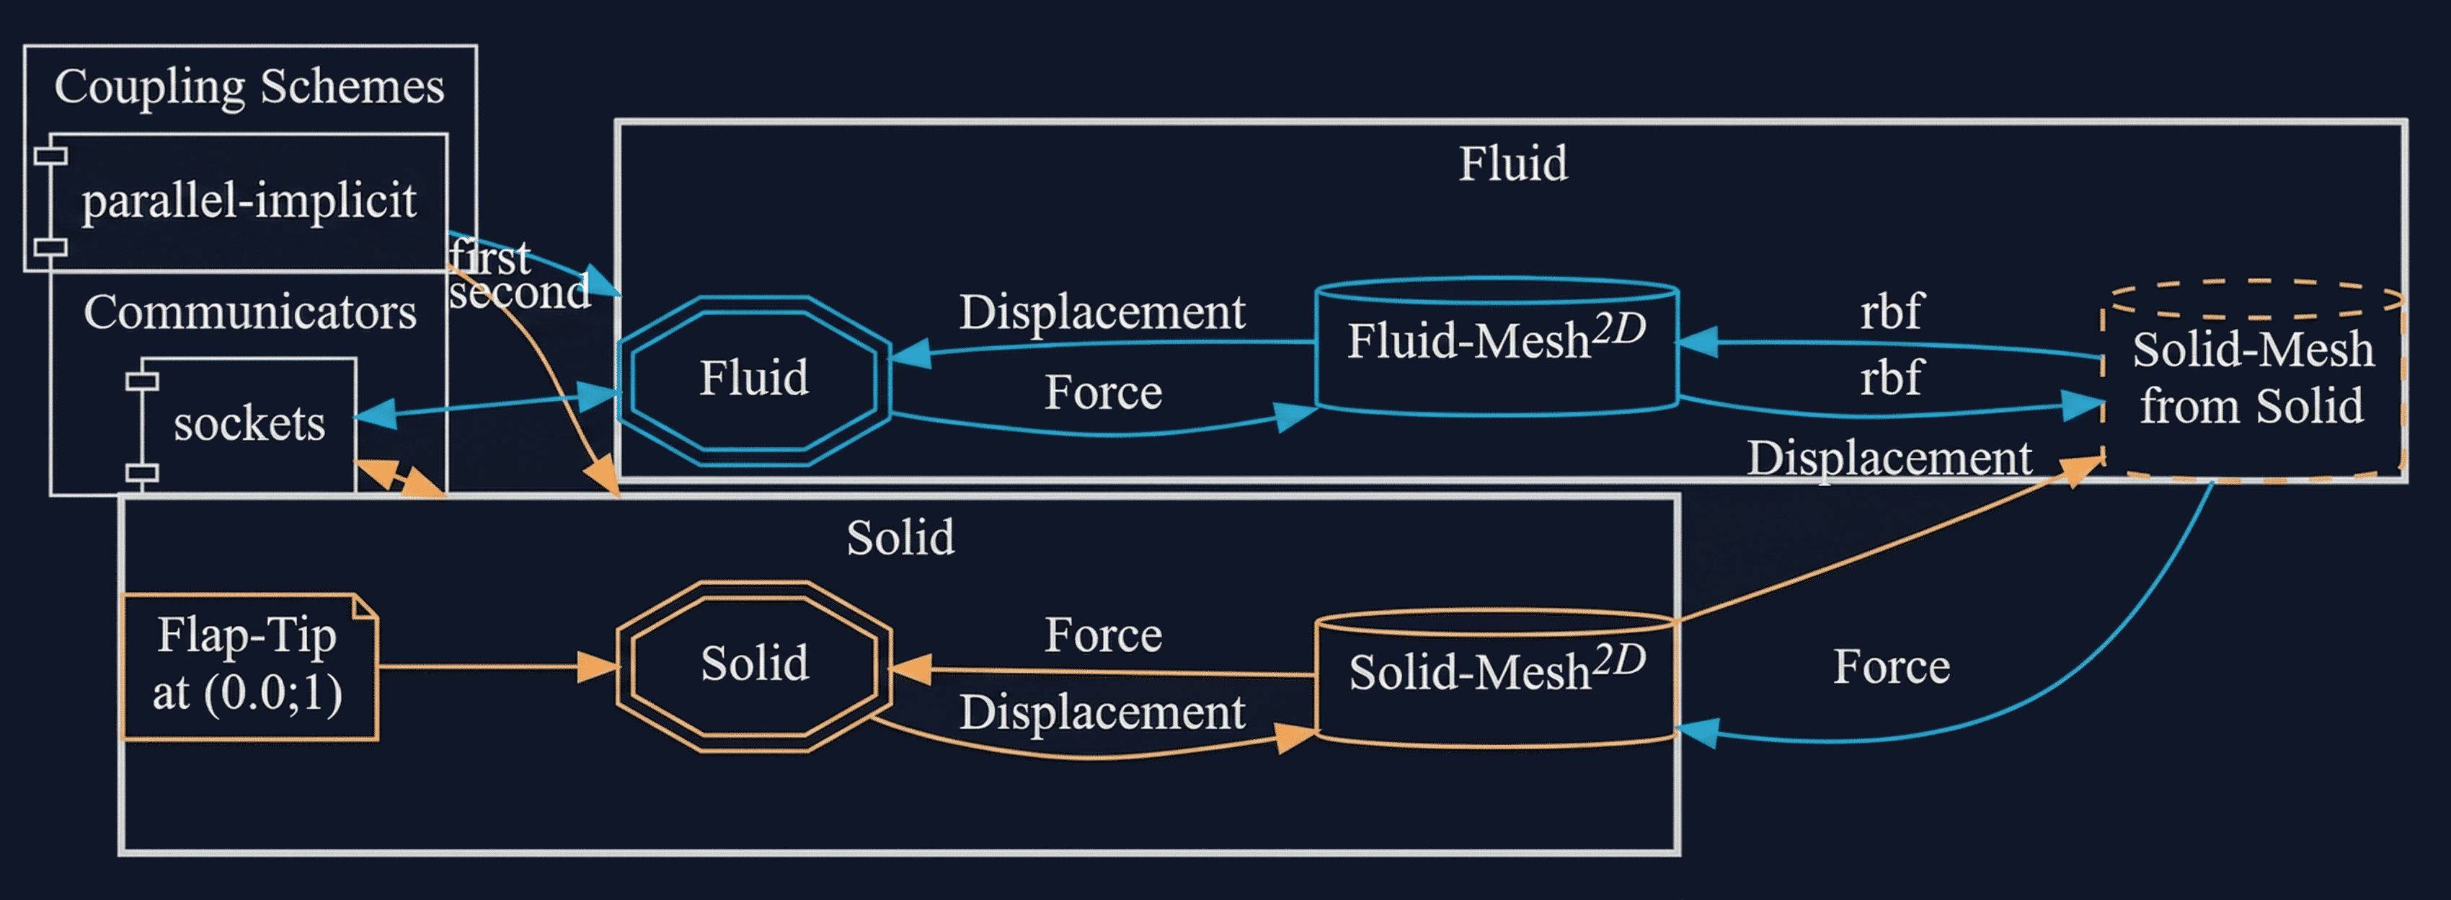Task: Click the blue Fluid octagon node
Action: [753, 379]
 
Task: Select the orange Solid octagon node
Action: [753, 664]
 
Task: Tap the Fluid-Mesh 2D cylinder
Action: [1496, 348]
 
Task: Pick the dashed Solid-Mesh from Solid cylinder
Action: [2252, 381]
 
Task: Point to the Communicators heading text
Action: [249, 312]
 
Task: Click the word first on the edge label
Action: [490, 257]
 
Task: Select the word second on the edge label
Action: [520, 292]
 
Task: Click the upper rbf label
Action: [1891, 311]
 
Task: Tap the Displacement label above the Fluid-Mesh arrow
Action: [1102, 312]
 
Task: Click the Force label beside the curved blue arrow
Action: [1891, 666]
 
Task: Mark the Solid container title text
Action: [900, 537]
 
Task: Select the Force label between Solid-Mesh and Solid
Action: [1103, 635]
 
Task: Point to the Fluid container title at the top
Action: [1513, 164]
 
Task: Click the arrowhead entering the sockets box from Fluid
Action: [375, 415]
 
